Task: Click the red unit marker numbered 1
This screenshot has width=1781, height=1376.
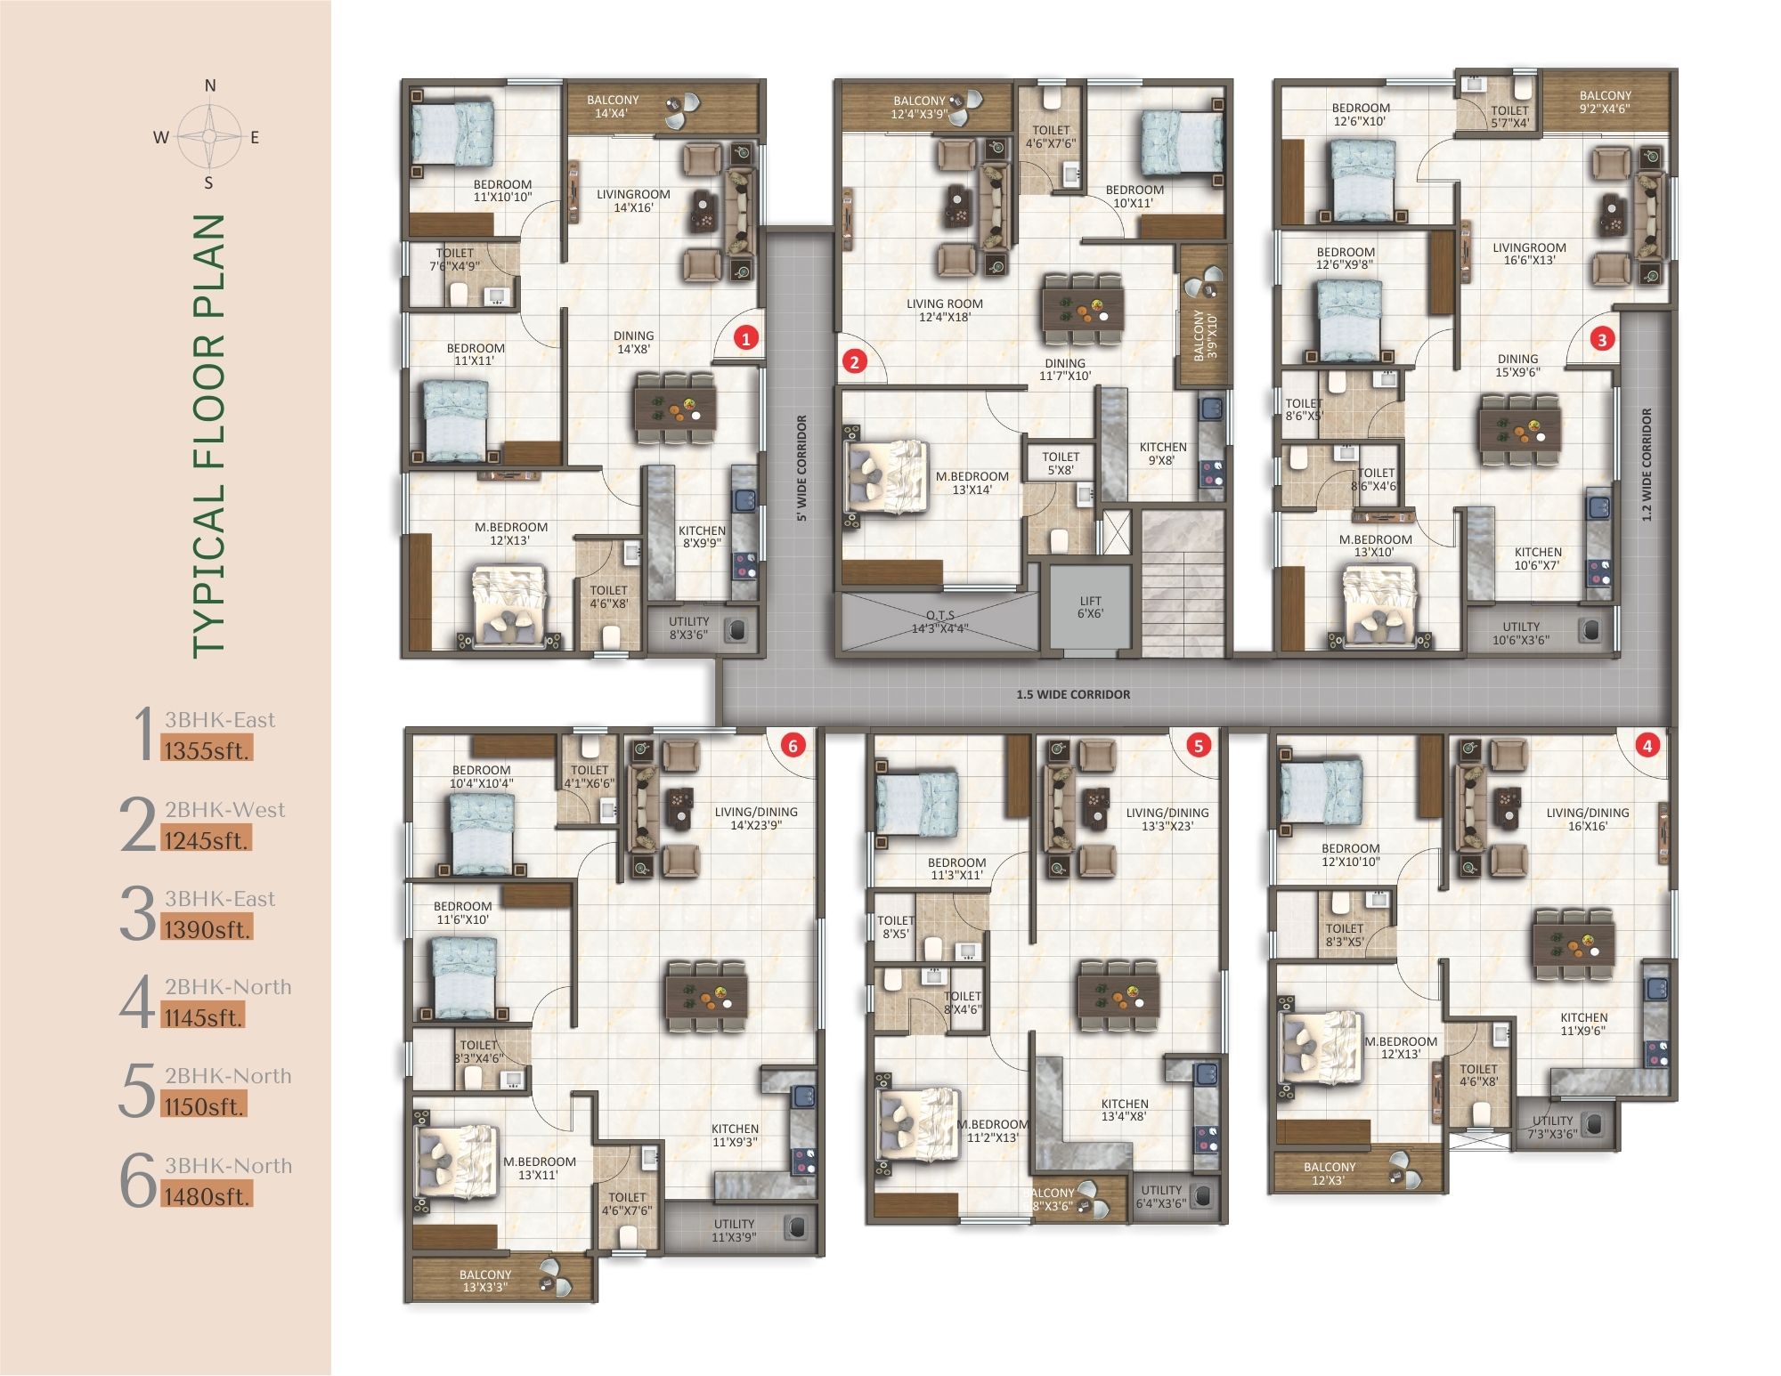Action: [x=745, y=337]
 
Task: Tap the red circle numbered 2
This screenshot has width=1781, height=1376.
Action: [x=855, y=361]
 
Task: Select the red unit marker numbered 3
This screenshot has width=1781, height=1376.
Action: [x=1602, y=339]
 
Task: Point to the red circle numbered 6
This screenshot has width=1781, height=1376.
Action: [x=793, y=746]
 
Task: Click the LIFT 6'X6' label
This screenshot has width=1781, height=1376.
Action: [x=1090, y=607]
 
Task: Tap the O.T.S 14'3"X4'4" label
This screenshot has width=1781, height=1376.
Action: [x=939, y=621]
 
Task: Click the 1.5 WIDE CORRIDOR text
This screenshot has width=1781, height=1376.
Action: [x=1073, y=694]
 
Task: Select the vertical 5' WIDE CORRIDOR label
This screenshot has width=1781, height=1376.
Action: [x=801, y=468]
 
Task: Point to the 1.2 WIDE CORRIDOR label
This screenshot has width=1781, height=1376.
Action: [x=1647, y=465]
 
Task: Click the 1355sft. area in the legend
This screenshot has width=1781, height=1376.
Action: [x=207, y=750]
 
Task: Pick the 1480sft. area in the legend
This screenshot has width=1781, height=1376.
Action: [x=207, y=1196]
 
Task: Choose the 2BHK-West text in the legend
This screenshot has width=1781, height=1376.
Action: [x=224, y=810]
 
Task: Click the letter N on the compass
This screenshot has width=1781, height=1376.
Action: [x=210, y=86]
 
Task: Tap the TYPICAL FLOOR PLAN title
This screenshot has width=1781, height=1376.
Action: [x=208, y=436]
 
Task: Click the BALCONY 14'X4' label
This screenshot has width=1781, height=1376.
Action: [x=613, y=107]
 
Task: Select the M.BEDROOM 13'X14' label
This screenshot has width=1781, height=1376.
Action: [x=972, y=482]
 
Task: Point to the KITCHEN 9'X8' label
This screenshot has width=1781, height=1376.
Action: [x=1162, y=454]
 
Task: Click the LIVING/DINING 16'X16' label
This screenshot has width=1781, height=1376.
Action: [x=1587, y=819]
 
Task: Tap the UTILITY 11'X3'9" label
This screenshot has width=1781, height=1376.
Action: [x=734, y=1230]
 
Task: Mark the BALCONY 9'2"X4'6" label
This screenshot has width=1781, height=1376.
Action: [x=1605, y=102]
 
